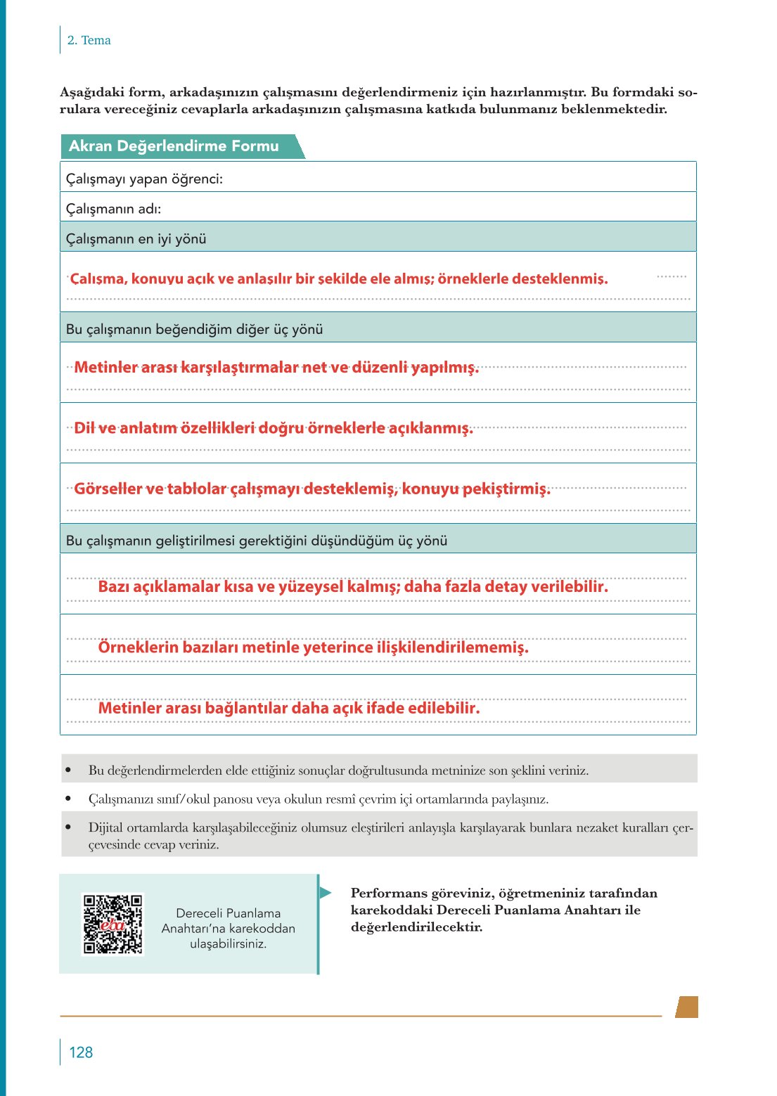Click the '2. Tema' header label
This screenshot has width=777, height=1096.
(x=89, y=40)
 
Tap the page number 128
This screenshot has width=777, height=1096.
(x=81, y=1052)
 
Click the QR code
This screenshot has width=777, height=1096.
(x=113, y=924)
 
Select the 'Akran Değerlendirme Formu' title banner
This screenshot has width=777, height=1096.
(x=174, y=146)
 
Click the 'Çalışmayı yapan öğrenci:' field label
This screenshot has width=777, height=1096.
(x=144, y=179)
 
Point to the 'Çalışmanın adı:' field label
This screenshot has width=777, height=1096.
(x=113, y=209)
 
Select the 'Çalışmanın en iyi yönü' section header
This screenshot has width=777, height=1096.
(x=136, y=238)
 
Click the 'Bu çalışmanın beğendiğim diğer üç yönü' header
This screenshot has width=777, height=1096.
(x=194, y=329)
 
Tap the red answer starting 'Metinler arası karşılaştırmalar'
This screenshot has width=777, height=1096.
(x=276, y=368)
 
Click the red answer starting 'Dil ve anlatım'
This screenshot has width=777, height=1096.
(x=274, y=428)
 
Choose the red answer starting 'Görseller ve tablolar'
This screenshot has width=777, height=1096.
(x=312, y=489)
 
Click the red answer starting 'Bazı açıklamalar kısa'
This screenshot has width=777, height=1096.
(x=353, y=586)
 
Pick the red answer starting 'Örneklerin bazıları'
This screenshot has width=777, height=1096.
(x=313, y=647)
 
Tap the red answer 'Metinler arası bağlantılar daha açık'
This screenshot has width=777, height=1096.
(x=289, y=708)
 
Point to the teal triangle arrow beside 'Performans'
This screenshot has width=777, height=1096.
(x=325, y=893)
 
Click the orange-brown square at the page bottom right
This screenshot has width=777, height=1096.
(x=687, y=1007)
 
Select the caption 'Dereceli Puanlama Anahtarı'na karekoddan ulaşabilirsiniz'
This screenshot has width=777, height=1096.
(x=229, y=928)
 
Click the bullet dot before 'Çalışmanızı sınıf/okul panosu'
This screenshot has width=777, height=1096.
(x=68, y=799)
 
